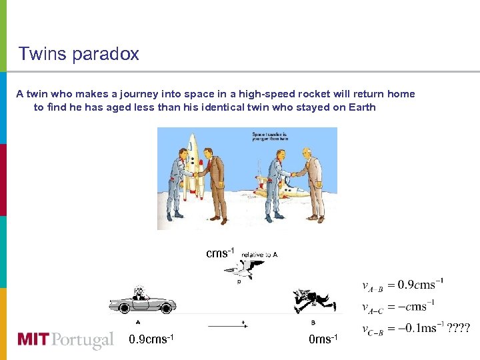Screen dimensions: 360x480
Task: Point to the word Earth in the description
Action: tap(362, 107)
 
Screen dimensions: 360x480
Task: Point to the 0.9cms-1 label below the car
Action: tap(151, 339)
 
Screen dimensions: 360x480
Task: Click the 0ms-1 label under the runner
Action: tap(323, 339)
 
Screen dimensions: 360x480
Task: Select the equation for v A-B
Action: tap(403, 285)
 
